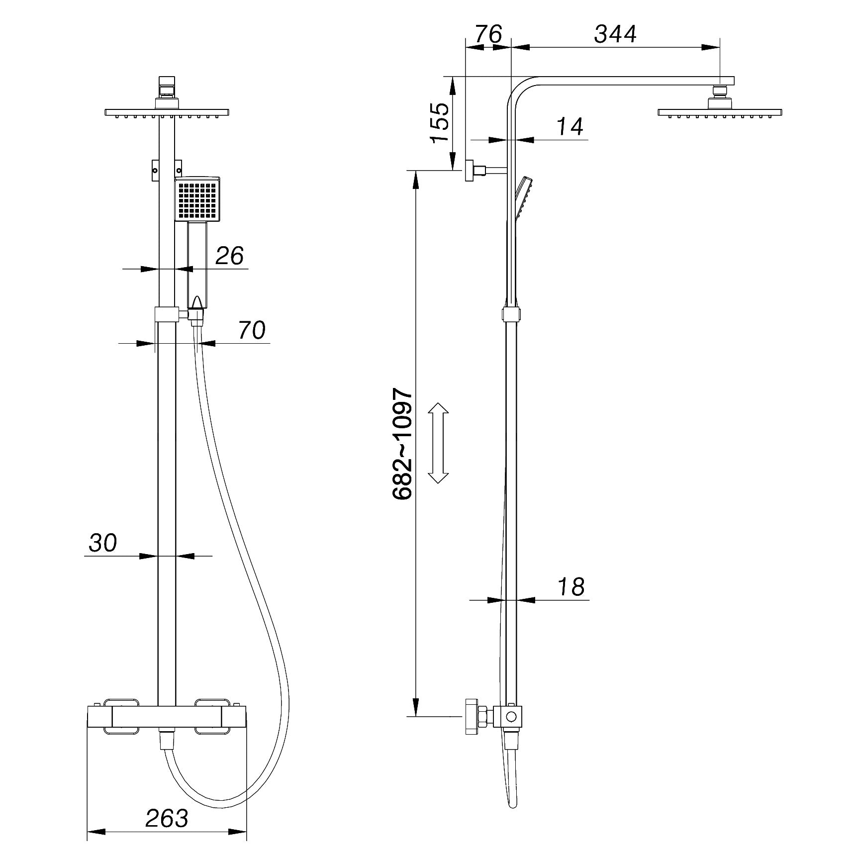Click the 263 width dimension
167,818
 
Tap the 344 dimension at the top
616,34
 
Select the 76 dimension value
488,34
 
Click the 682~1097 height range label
402,444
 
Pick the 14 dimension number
569,127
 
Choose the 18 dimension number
571,587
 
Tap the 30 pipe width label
103,543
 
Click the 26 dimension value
229,256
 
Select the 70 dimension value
252,330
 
